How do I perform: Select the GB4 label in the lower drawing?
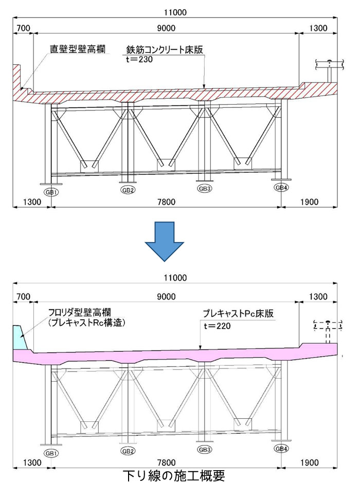coord(281,449)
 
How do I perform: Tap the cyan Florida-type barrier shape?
coord(19,337)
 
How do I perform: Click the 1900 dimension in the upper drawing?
coord(309,202)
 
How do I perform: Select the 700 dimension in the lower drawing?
coord(24,296)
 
